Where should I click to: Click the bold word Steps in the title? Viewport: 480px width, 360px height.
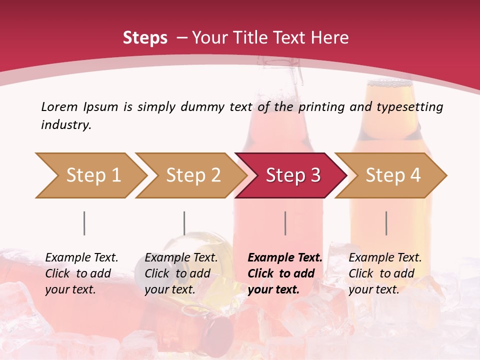[x=145, y=38]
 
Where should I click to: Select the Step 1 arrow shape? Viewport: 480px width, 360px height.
[x=92, y=175]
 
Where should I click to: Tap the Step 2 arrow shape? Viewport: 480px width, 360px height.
[x=192, y=175]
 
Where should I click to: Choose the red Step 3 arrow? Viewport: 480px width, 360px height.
[x=292, y=175]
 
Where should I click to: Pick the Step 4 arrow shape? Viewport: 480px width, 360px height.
[x=392, y=175]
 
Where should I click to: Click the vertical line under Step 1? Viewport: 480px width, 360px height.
[x=84, y=223]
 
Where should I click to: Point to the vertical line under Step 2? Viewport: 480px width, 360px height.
[x=184, y=223]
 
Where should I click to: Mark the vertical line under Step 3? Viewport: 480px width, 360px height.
[x=285, y=223]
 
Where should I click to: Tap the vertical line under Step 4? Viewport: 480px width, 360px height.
[x=386, y=223]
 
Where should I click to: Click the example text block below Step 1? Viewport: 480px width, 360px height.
[x=81, y=273]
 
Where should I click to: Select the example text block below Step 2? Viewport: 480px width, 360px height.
[x=181, y=273]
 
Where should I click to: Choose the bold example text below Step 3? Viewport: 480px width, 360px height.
[x=285, y=273]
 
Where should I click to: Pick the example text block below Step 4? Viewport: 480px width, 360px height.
[x=385, y=273]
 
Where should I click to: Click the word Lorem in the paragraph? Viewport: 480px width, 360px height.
[x=59, y=107]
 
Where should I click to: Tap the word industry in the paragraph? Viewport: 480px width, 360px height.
[x=66, y=125]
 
